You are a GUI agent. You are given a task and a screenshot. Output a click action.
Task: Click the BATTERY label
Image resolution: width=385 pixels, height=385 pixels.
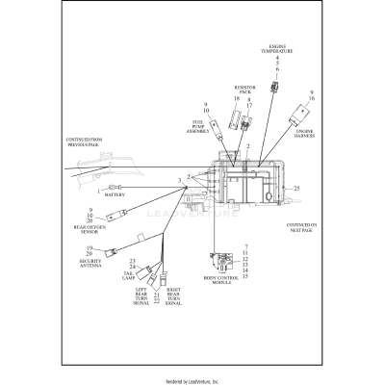pos(128,194)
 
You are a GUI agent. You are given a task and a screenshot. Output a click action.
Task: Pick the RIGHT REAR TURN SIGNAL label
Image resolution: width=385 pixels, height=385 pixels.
pos(174,297)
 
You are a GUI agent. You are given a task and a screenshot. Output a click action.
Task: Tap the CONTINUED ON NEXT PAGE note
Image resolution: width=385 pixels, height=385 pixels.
pos(306,229)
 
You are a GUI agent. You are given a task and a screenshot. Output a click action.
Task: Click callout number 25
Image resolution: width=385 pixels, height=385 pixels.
pos(297,188)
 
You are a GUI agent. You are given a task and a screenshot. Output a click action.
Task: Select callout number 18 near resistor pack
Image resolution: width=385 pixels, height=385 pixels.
pos(236,99)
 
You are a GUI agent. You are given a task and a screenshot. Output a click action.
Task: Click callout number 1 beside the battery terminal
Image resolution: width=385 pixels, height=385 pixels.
pos(98,190)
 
